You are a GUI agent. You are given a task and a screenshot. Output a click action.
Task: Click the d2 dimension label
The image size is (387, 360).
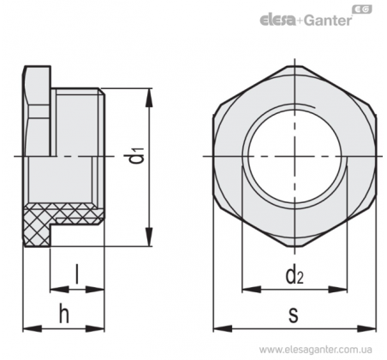(295, 276)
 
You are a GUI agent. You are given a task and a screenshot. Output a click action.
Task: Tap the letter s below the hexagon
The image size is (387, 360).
(294, 315)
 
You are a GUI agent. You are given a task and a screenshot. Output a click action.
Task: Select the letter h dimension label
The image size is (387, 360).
(64, 313)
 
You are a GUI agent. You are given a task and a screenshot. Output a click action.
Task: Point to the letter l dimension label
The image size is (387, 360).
(76, 274)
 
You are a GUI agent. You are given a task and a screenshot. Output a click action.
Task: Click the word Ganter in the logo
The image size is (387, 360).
(327, 21)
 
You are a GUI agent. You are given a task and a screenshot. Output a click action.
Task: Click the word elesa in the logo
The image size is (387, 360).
(277, 20)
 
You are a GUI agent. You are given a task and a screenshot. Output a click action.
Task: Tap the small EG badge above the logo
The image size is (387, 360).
(362, 9)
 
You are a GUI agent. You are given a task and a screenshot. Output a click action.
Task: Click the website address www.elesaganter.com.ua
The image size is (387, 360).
(315, 350)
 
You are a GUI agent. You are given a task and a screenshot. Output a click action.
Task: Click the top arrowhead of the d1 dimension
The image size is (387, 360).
(149, 98)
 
